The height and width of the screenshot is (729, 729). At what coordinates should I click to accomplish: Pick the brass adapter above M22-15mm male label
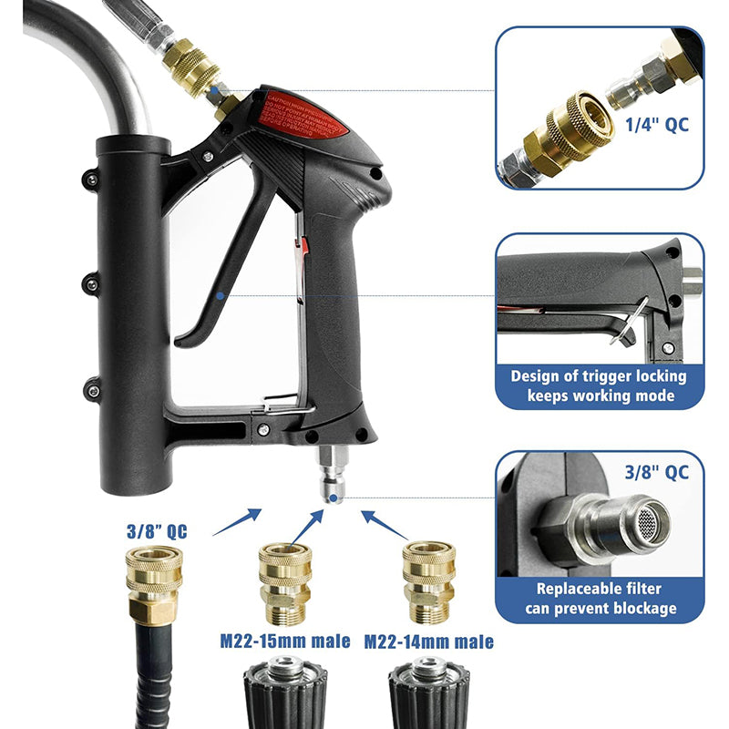284,579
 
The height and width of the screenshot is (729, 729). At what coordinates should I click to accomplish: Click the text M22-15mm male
284,642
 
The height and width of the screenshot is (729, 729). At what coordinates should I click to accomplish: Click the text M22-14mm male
428,642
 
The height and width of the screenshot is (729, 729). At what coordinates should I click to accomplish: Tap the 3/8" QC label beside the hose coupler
157,531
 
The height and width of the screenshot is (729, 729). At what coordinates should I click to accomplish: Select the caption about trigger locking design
599,385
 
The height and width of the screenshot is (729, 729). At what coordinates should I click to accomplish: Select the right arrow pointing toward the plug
382,523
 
